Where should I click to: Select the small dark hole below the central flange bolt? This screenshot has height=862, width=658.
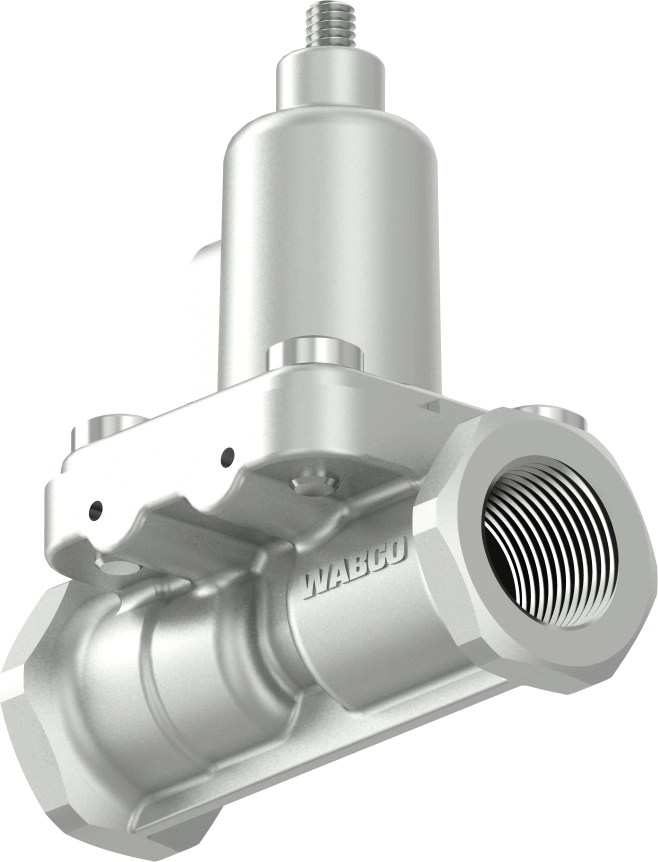pos(228,458)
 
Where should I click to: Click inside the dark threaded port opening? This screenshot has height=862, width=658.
pos(545,540)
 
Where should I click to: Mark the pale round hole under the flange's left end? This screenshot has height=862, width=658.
pos(117,568)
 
